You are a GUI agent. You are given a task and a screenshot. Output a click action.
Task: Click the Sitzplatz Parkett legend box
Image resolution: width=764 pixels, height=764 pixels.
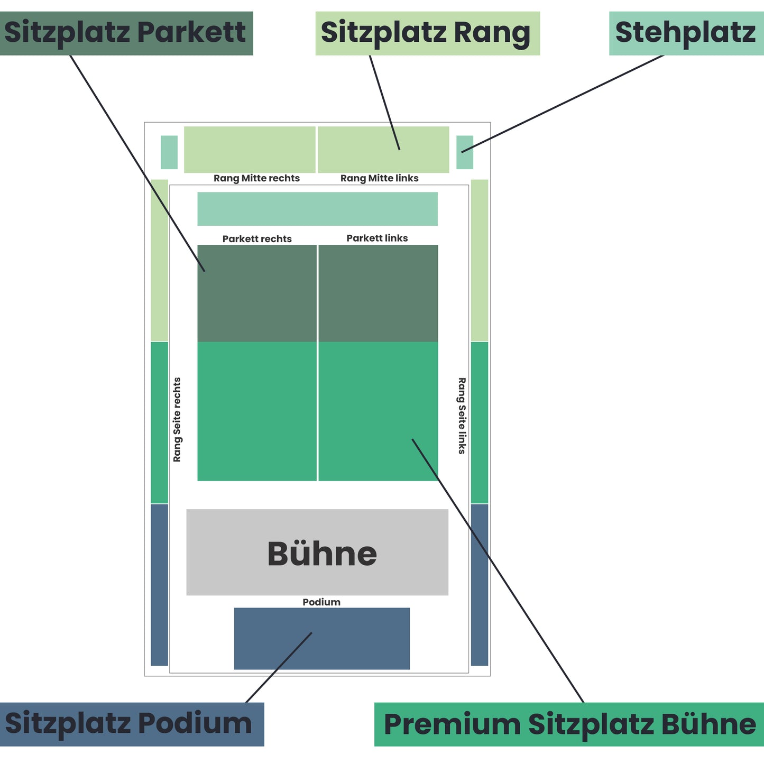(126, 33)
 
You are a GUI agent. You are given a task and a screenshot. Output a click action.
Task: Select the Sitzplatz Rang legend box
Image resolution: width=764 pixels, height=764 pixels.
(427, 33)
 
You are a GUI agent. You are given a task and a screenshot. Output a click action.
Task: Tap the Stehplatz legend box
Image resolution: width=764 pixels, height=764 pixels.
(686, 33)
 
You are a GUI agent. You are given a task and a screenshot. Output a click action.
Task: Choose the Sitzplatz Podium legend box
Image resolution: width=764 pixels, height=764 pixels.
(132, 724)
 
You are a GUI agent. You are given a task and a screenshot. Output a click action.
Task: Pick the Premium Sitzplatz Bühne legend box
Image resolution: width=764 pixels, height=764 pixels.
(569, 724)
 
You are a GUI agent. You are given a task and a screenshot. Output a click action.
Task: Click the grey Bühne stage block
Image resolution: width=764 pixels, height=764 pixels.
(317, 552)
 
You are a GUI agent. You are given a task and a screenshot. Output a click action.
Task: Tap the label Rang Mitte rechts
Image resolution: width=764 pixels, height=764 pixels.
(256, 178)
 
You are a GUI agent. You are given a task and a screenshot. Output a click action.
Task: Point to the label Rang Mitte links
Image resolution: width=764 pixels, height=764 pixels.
(379, 178)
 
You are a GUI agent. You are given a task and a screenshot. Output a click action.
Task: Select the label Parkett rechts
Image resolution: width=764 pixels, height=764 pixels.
(257, 238)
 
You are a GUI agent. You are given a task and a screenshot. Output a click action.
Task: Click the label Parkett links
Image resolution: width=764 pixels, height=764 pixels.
(377, 238)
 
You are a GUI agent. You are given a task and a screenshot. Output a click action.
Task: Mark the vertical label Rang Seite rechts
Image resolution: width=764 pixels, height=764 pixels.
(177, 419)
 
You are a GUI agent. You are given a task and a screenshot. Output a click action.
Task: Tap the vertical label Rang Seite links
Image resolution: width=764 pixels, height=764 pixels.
(462, 416)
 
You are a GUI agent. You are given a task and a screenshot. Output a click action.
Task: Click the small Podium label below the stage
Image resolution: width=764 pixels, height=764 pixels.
(321, 602)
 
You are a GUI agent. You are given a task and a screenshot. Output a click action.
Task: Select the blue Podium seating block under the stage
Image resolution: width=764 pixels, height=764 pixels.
(321, 638)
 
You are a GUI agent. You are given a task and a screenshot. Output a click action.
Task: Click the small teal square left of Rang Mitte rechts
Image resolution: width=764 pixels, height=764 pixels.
(169, 152)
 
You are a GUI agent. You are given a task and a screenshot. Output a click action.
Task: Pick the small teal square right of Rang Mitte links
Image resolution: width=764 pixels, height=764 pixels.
(465, 152)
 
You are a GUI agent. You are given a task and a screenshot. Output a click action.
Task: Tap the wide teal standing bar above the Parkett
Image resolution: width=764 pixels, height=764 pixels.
(317, 209)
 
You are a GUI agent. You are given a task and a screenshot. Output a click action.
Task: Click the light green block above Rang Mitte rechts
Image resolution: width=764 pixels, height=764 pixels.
(250, 149)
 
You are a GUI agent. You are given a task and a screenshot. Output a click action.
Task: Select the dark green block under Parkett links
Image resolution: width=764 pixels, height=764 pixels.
(378, 293)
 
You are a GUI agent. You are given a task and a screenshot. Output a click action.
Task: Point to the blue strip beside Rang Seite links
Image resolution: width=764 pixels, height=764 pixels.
(480, 584)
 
